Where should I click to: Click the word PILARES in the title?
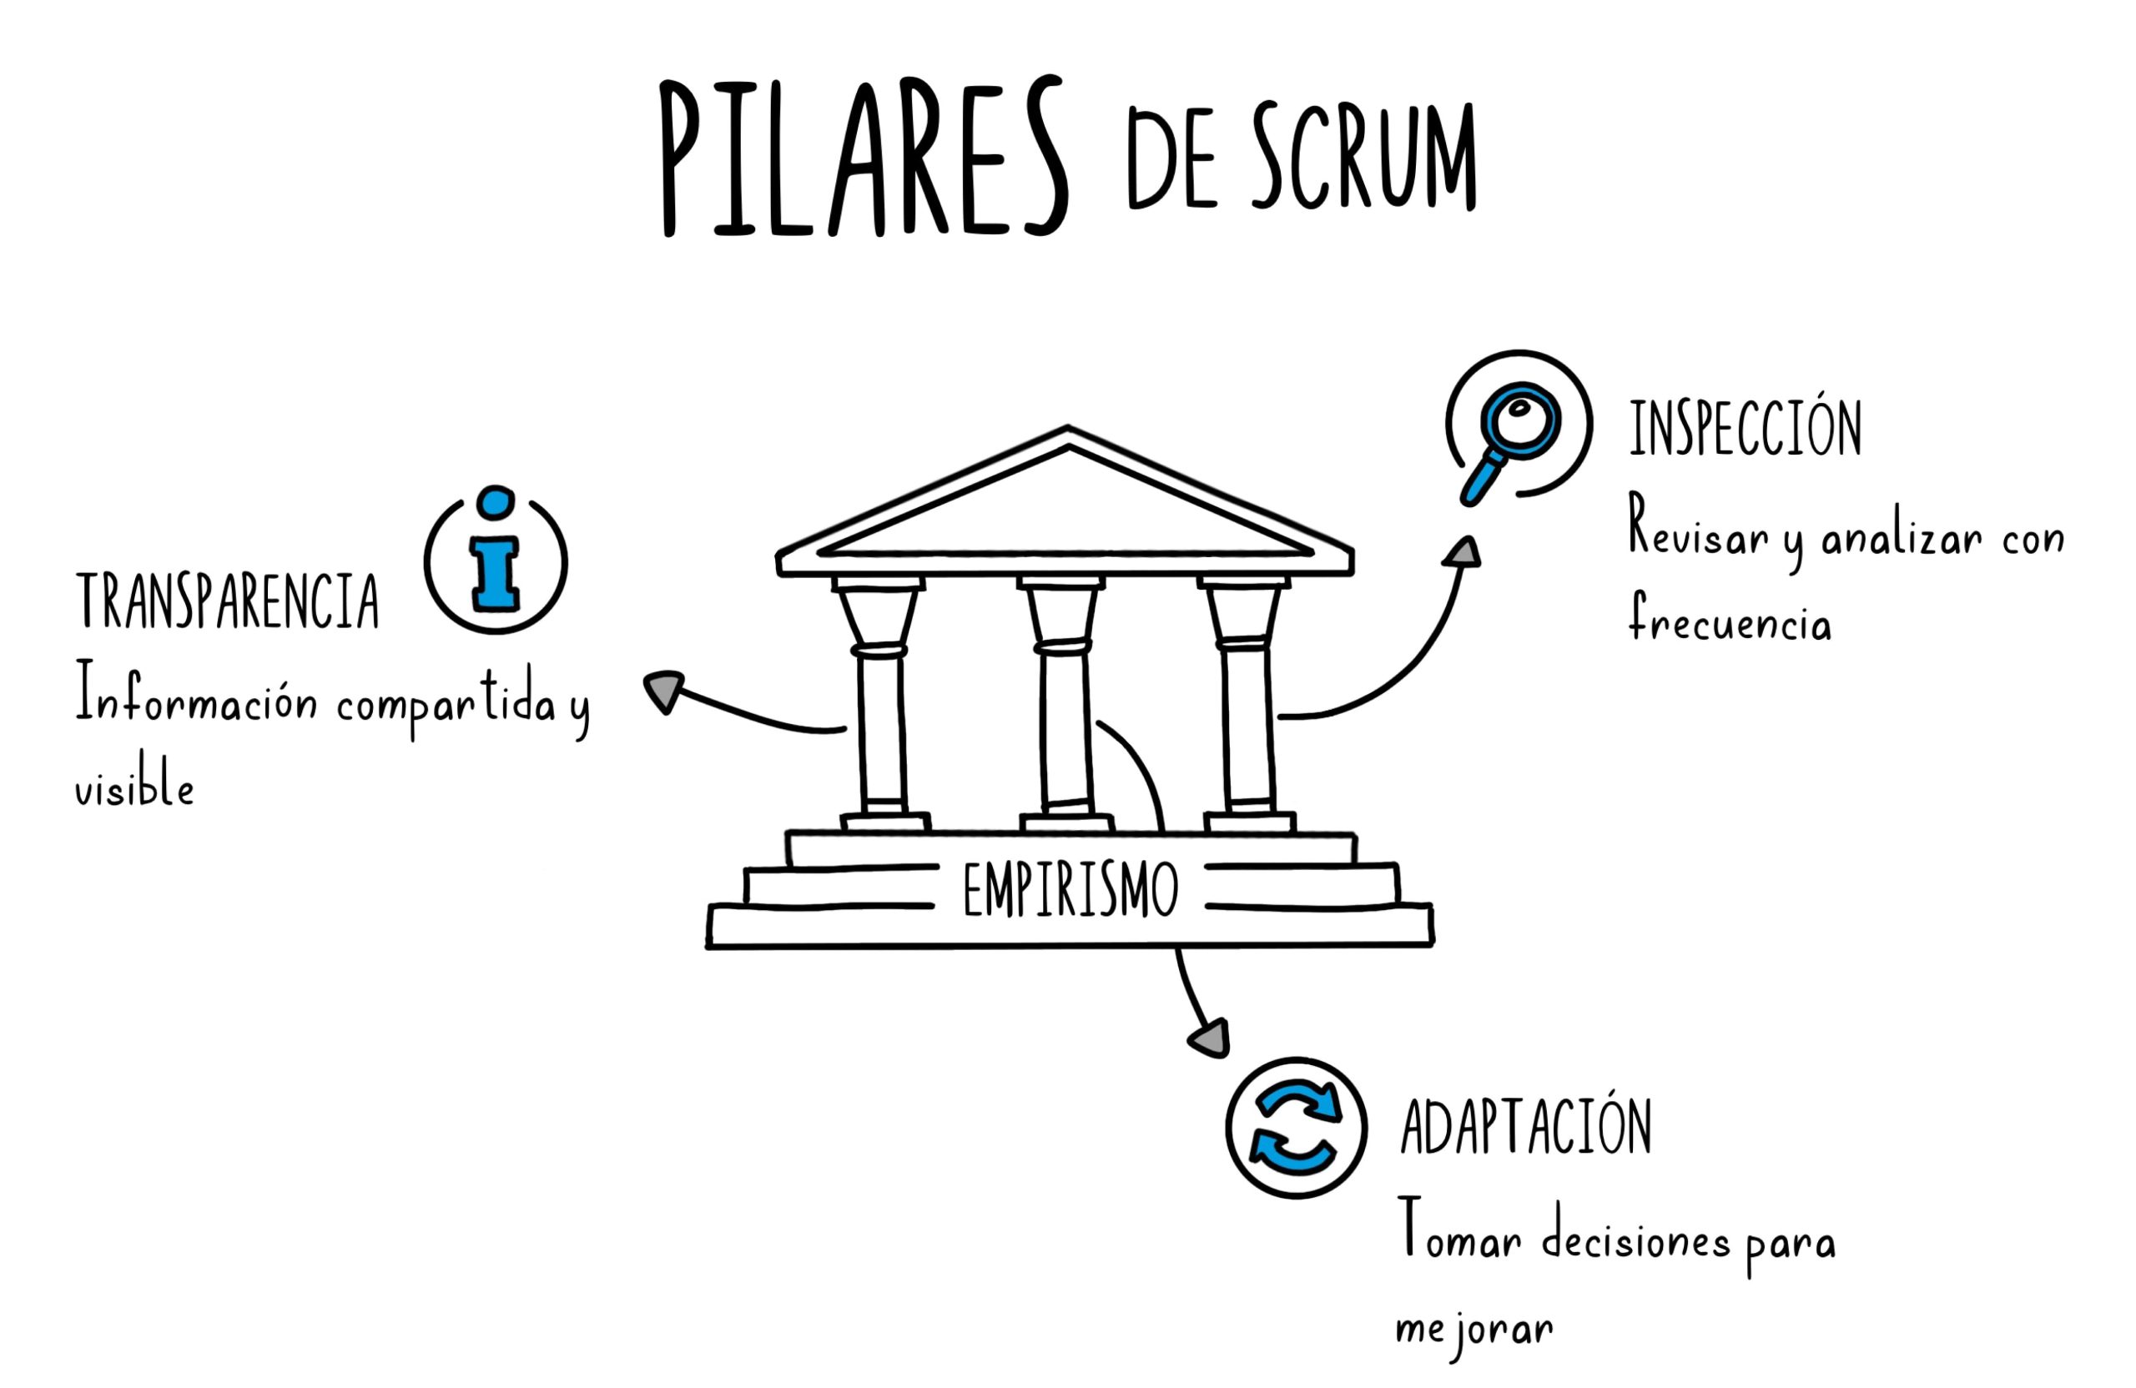pos(864,159)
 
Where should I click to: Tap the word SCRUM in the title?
pos(1363,159)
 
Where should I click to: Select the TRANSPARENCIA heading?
pos(227,602)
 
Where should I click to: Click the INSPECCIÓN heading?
pos(1746,428)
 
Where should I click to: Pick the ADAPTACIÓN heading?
pos(1527,1127)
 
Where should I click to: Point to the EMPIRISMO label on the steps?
pos(1070,890)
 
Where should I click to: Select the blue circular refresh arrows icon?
pos(1296,1127)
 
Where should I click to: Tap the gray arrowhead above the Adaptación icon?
pos(1210,1039)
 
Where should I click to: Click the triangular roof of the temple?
pos(1066,507)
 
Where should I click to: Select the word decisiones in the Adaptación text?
pos(1636,1241)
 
